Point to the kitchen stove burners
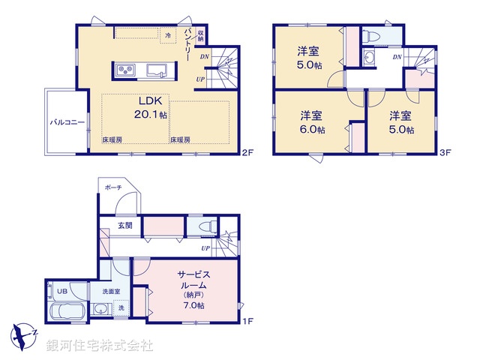(124, 71)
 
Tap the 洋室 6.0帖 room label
(312, 121)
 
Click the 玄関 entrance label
(124, 225)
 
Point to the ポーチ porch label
(113, 187)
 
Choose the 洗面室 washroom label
(101, 291)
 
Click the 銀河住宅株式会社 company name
(100, 346)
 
